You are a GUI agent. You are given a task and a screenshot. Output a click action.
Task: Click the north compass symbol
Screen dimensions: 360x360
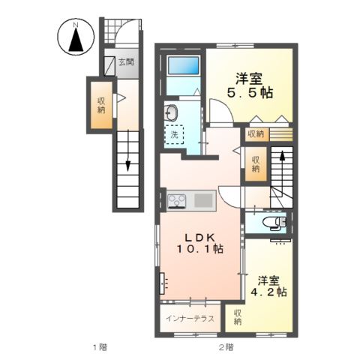pos(75,38)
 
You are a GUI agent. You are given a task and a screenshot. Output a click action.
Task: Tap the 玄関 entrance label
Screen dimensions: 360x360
pos(125,63)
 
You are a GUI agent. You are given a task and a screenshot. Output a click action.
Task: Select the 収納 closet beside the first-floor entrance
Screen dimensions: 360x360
pos(100,105)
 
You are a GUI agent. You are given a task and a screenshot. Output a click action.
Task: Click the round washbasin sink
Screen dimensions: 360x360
pos(172,113)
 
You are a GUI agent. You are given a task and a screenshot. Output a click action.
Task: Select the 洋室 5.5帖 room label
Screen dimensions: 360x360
pos(250,84)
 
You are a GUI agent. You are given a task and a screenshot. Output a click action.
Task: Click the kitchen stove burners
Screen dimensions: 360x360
pos(177,200)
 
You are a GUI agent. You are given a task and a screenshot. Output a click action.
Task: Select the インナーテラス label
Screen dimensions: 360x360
pos(190,318)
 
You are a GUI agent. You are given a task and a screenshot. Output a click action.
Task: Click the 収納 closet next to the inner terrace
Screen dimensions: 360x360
pos(237,316)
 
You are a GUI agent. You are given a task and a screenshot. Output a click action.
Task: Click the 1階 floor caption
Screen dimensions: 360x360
pos(99,346)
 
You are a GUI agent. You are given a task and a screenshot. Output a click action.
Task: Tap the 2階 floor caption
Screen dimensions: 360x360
pos(226,346)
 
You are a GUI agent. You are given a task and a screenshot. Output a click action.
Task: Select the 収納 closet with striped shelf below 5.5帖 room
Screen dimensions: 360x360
pos(255,134)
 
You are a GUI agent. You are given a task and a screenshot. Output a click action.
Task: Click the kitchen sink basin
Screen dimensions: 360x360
pos(203,200)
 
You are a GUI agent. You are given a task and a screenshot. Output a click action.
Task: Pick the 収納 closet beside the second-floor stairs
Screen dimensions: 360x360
pos(256,164)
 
